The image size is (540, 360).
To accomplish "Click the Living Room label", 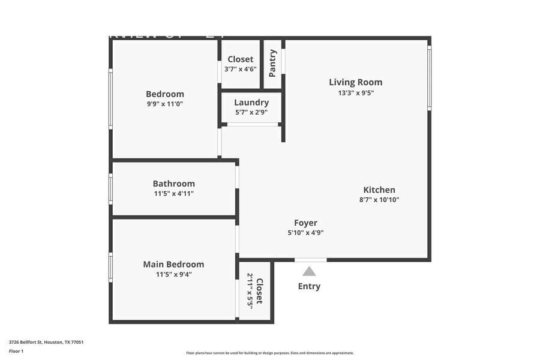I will [x=355, y=82].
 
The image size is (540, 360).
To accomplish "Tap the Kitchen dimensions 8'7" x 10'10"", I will [x=379, y=200].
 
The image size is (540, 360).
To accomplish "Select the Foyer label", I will [x=305, y=223].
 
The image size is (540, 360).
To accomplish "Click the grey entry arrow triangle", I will [x=309, y=272].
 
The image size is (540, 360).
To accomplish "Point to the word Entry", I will [x=309, y=286].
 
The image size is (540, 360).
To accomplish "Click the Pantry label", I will [x=272, y=63].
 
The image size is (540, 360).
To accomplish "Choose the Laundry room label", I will [x=251, y=103].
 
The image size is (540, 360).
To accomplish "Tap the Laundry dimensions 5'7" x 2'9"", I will [x=251, y=112].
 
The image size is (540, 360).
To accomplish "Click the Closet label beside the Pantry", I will [x=240, y=59].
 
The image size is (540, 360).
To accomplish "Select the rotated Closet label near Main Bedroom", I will [x=259, y=290].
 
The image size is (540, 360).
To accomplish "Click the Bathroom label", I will [x=173, y=184].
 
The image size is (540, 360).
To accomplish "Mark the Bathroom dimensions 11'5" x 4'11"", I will [x=173, y=193].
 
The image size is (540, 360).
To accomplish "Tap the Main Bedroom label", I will [x=173, y=264].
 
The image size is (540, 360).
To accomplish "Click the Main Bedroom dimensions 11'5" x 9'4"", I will [x=173, y=274].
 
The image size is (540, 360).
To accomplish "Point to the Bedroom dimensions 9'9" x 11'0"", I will [x=165, y=104].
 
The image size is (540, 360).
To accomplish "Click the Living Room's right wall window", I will [x=429, y=78].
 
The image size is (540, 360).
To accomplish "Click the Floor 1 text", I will [x=16, y=351].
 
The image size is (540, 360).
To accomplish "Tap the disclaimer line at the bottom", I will [x=269, y=353].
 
